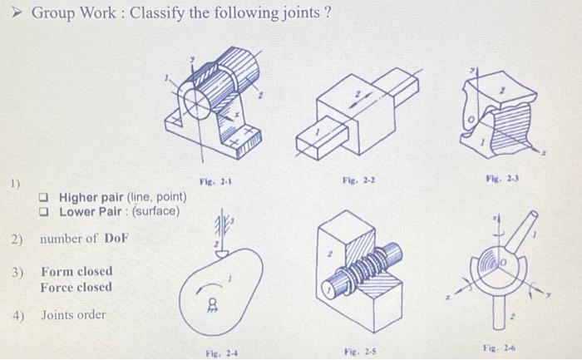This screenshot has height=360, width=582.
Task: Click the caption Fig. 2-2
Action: (353, 180)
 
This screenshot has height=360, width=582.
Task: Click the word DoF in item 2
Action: (116, 239)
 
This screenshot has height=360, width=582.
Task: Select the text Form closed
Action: (76, 272)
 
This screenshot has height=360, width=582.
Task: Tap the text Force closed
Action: (76, 287)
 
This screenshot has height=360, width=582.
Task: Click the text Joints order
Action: (74, 315)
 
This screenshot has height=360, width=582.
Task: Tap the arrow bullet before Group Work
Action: (12, 13)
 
